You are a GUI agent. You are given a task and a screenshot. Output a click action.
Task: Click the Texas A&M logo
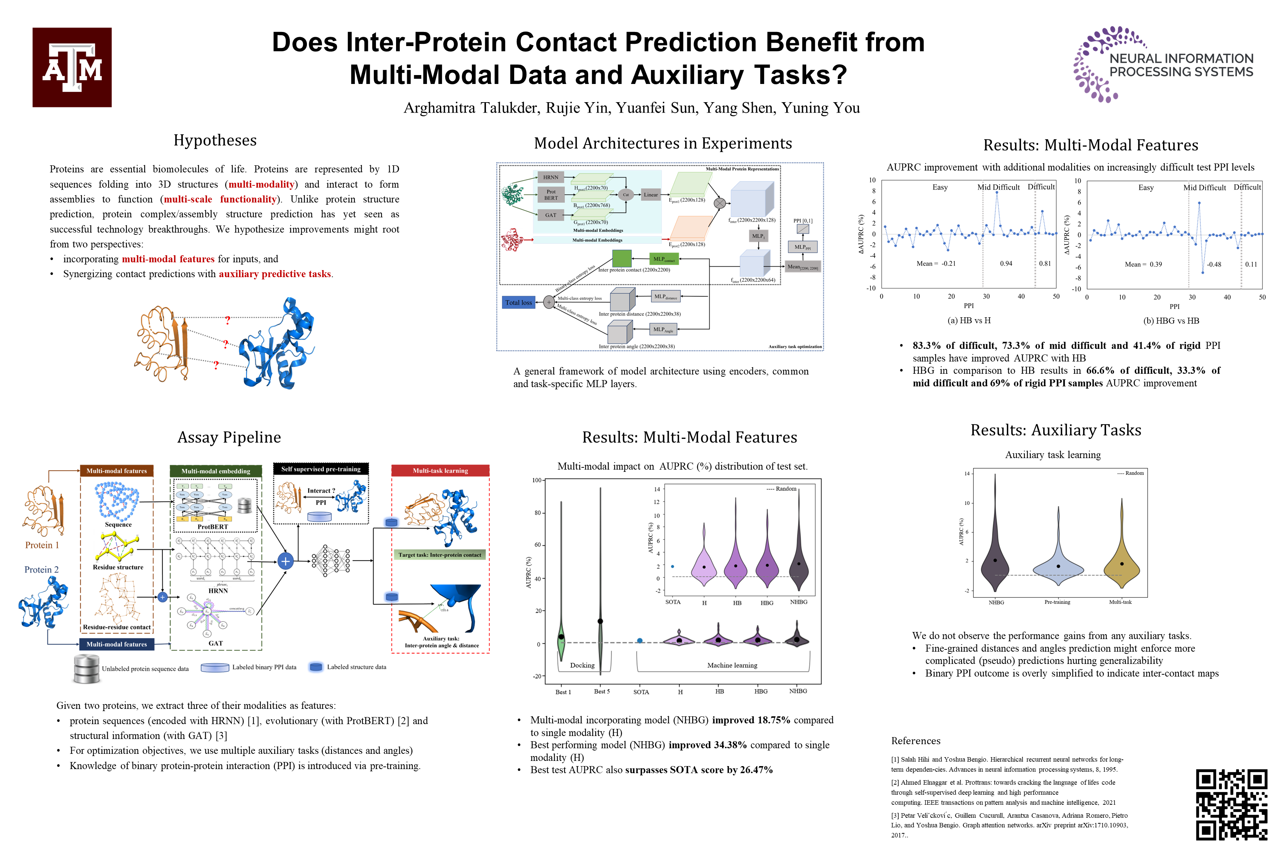coord(72,67)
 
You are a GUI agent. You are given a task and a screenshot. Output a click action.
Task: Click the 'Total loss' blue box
coord(518,302)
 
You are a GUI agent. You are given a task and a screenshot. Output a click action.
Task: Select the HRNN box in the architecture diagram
coord(550,177)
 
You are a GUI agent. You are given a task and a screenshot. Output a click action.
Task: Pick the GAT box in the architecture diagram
coord(550,215)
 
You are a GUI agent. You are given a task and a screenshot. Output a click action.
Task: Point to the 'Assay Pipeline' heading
coord(229,437)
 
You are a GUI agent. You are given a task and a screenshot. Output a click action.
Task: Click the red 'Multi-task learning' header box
coord(440,471)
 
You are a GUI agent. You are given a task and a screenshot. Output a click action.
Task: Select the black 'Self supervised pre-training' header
coord(321,469)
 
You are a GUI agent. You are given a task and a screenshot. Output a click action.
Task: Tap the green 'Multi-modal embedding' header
coord(215,471)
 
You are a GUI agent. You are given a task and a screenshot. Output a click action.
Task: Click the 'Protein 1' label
coord(42,545)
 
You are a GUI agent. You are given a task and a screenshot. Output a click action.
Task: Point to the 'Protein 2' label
coord(42,570)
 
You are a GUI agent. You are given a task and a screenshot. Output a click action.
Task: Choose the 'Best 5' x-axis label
coord(602,691)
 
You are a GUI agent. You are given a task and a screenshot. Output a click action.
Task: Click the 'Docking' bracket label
coord(582,665)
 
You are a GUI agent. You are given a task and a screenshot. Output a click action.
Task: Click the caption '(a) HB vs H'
coord(969,321)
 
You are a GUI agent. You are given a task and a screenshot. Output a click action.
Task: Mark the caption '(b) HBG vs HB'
coord(1171,321)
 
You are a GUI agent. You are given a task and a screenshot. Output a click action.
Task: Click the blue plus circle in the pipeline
coord(285,561)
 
